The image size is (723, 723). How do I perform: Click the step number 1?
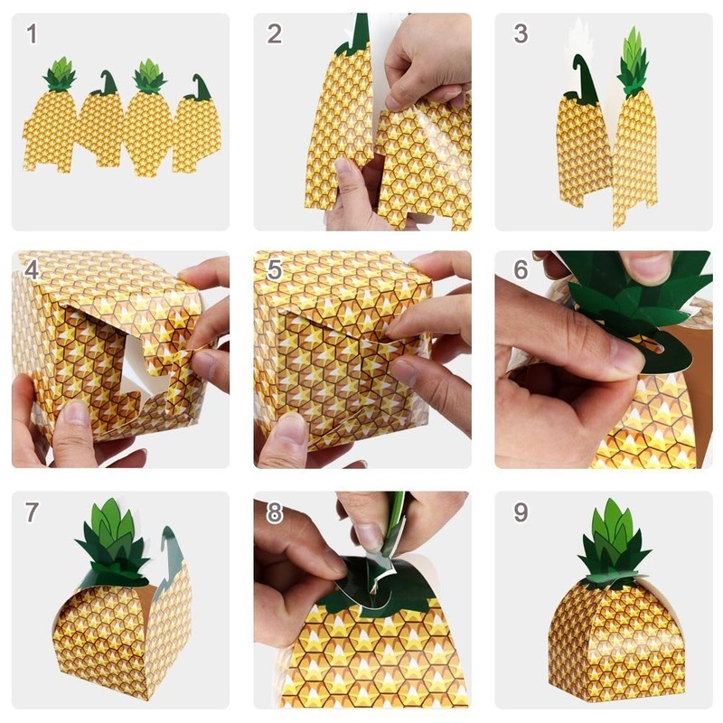[33, 35]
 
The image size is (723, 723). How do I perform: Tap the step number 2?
[275, 34]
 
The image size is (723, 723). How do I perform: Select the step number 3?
[521, 34]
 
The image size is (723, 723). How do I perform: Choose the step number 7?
[33, 512]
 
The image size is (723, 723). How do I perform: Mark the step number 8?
[275, 512]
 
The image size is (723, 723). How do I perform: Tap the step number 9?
[521, 512]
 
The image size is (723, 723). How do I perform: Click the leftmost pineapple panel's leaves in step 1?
[60, 74]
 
